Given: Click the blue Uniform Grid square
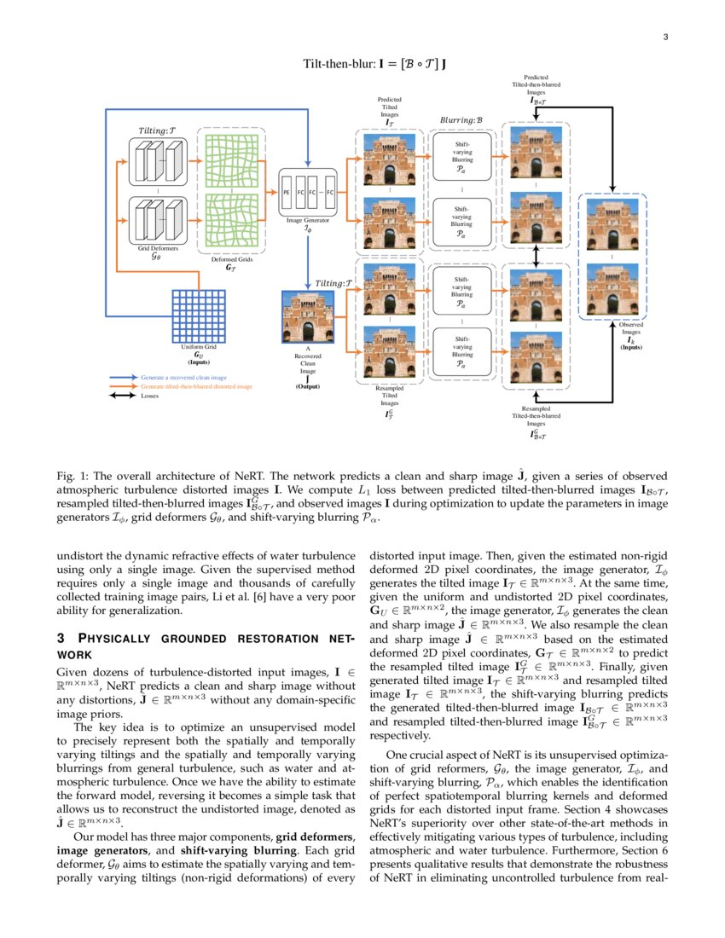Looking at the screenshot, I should point(198,316).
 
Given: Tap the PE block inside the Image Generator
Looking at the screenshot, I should point(288,193).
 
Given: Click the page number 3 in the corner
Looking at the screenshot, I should point(664,36).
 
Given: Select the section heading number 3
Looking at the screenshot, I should point(59,639).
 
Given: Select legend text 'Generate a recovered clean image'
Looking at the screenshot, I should point(183,376).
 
